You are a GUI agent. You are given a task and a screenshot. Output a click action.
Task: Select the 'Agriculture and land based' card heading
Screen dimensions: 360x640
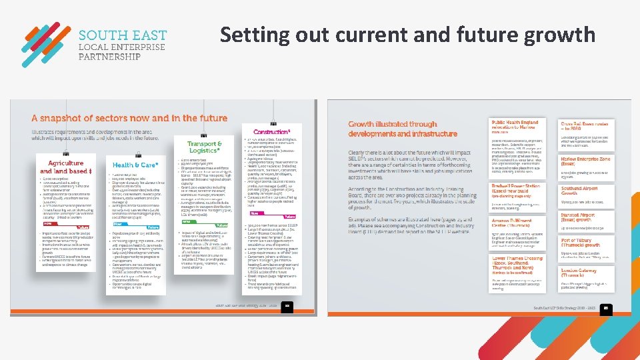click(65, 167)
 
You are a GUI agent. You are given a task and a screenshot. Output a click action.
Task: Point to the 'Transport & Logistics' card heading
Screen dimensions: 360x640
click(205, 147)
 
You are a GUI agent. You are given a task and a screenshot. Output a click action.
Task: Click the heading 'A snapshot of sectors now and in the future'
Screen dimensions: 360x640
click(129, 118)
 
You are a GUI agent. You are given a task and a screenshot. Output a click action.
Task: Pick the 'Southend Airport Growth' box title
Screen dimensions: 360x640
click(579, 192)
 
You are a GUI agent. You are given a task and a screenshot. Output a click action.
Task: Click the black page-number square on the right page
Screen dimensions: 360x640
click(607, 307)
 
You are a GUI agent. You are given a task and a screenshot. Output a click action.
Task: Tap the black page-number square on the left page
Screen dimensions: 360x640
click(287, 306)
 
